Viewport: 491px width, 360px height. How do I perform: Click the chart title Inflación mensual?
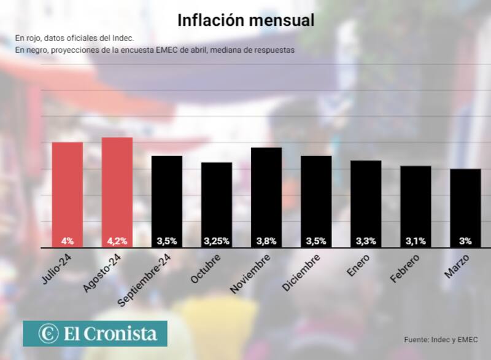(245, 20)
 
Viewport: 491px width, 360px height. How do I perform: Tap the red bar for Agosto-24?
(117, 192)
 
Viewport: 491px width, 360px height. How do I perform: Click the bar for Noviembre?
(266, 197)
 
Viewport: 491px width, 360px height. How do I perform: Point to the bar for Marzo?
(465, 208)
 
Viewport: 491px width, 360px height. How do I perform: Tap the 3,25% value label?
(217, 241)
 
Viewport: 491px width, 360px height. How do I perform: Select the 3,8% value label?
(266, 241)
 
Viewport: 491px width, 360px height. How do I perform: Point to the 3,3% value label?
(366, 241)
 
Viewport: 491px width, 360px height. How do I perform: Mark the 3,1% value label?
(416, 241)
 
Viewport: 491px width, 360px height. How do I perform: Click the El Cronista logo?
(95, 334)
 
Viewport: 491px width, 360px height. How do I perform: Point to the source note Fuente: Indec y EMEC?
(440, 339)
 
